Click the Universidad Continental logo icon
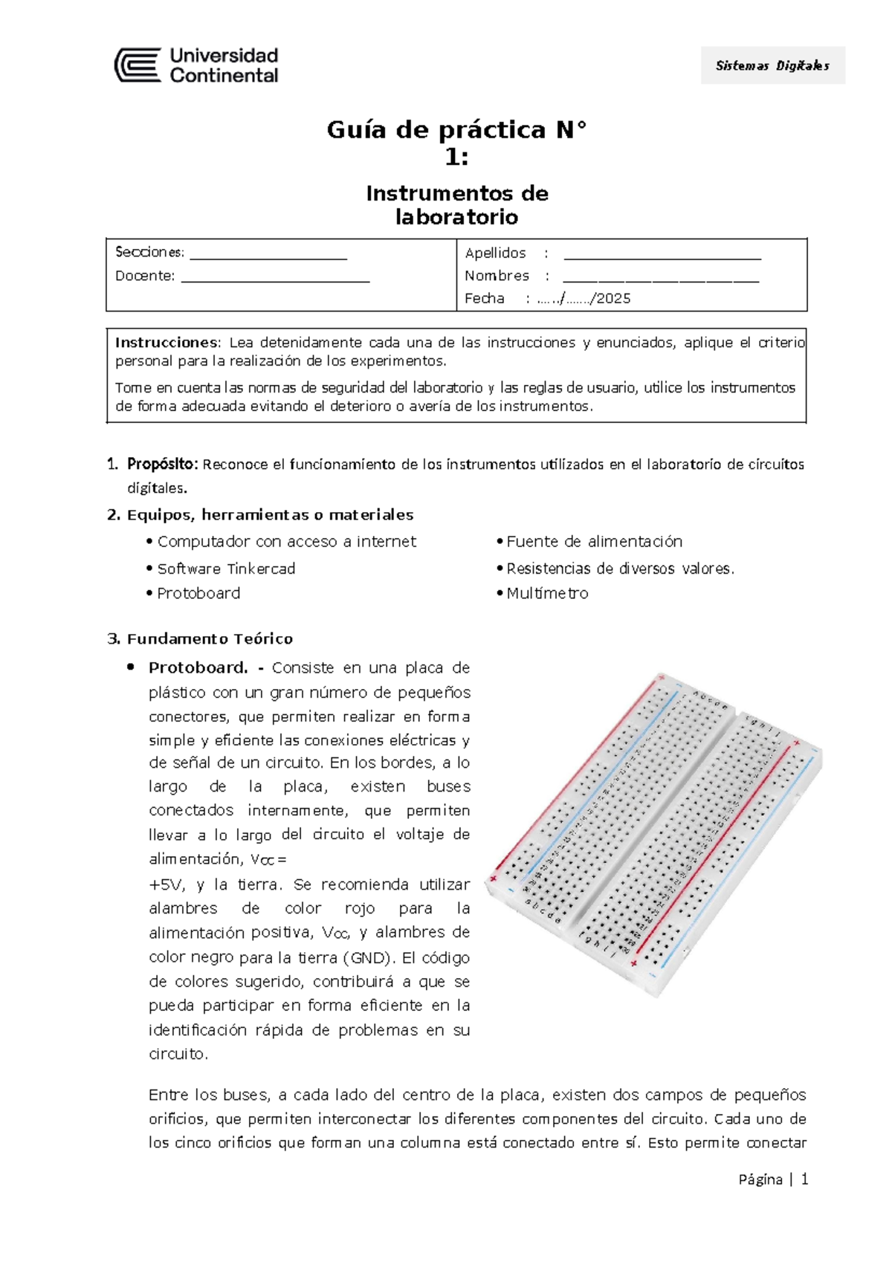click(x=138, y=65)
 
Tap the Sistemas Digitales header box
click(x=772, y=65)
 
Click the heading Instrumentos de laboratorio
click(x=456, y=205)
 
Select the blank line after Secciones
click(x=268, y=257)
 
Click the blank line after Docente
click(x=275, y=280)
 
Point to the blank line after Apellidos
click(x=662, y=257)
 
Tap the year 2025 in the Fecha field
click(x=613, y=299)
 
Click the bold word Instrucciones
click(x=167, y=343)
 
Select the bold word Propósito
click(x=162, y=465)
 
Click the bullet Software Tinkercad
click(x=226, y=569)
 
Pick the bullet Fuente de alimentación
click(x=594, y=542)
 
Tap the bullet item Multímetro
click(x=547, y=593)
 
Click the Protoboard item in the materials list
click(x=198, y=593)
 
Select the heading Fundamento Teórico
click(x=210, y=639)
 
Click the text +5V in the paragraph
click(x=164, y=884)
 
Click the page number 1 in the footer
click(x=804, y=1180)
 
